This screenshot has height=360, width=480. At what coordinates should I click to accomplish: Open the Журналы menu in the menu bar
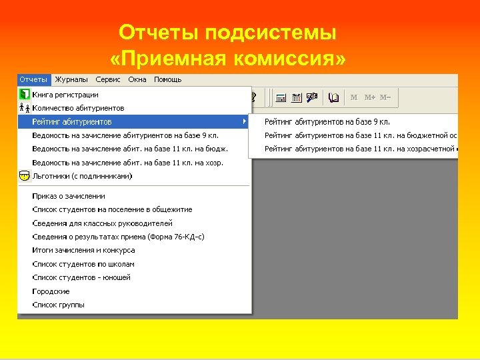(71, 80)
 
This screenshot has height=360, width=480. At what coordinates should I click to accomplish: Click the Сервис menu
(108, 80)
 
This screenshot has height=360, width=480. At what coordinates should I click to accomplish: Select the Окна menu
(137, 80)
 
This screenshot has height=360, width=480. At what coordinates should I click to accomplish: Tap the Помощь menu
(167, 80)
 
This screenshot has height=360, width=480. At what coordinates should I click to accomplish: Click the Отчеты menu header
(33, 80)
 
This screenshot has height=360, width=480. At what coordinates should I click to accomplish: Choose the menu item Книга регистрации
(65, 95)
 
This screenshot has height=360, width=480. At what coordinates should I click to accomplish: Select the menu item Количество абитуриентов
(78, 108)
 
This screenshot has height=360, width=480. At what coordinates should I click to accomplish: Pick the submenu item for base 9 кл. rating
(327, 122)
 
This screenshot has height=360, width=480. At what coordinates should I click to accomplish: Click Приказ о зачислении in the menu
(69, 196)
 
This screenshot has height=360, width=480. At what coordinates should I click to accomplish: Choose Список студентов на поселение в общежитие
(112, 209)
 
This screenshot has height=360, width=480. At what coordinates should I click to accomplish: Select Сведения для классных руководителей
(102, 223)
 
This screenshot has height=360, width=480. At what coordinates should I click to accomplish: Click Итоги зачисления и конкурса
(83, 250)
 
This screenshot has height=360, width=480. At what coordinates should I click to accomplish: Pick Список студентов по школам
(74, 264)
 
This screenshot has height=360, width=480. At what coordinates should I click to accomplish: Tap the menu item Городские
(51, 291)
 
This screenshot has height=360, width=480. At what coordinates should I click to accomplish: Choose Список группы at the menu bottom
(58, 305)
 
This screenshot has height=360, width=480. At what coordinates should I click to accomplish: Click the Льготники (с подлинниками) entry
(82, 176)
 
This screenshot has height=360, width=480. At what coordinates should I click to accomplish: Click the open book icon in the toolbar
(334, 97)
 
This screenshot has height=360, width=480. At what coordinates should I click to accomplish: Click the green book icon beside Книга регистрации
(24, 95)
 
